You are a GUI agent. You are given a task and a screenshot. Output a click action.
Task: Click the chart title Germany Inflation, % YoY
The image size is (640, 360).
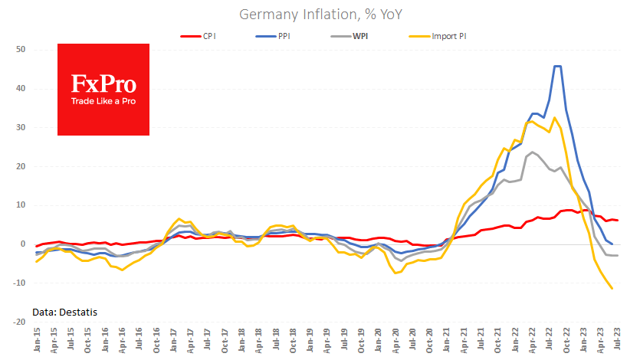coord(320,15)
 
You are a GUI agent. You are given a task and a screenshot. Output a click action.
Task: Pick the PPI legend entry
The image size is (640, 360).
coord(284,36)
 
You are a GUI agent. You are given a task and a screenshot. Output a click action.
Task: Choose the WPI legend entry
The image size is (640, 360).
coord(359,36)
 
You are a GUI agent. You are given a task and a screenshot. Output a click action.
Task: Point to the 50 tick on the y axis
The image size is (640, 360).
coord(20,50)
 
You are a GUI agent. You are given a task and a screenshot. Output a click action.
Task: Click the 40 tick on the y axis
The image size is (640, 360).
coord(20,89)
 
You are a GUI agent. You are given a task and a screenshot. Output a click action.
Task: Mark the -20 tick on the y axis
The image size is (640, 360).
coord(18,322)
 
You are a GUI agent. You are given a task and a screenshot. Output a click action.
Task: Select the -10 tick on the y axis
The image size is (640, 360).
coord(18,283)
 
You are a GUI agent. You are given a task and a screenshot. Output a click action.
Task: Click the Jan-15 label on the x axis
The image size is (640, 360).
coord(37,340)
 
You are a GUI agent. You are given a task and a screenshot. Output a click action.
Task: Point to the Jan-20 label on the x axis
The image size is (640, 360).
coord(379,340)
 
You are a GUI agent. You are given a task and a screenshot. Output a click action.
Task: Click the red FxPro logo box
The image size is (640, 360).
coord(103,90)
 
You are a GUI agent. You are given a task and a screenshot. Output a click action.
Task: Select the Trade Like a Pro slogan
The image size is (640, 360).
coord(103,101)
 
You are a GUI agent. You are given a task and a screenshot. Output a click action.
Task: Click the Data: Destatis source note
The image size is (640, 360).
coord(65,311)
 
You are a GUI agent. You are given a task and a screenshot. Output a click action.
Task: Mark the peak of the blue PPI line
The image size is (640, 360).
coord(557,67)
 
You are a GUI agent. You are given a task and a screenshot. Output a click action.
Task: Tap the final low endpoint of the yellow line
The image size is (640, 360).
coord(612,289)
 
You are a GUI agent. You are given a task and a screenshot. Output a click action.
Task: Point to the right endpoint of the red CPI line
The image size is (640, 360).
coord(618,221)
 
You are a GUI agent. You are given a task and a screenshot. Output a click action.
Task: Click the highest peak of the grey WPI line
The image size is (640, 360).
coord(532,152)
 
